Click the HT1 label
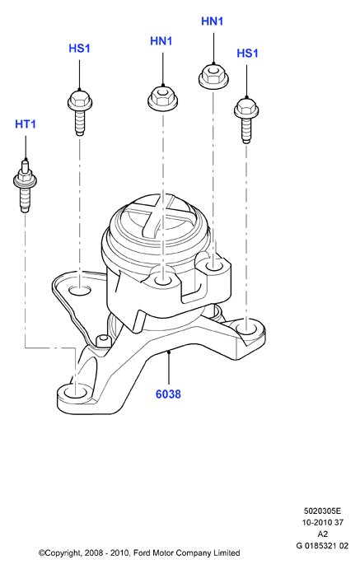tap(26, 124)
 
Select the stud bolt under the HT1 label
tap(25, 185)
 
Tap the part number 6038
tap(168, 394)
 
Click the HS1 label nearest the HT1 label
tap(79, 49)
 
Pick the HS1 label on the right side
tap(247, 54)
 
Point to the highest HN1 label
tap(212, 21)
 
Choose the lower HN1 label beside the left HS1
tap(161, 41)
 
